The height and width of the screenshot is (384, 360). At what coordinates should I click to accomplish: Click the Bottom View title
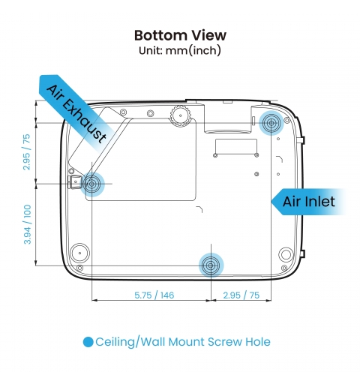coord(180,35)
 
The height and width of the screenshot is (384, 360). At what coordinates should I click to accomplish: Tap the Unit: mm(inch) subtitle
coord(180,50)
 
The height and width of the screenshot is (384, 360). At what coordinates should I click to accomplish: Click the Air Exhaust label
coord(76,114)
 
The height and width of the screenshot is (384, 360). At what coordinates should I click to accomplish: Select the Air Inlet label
coord(309,202)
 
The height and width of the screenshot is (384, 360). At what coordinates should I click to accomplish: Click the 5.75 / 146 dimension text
coord(154,295)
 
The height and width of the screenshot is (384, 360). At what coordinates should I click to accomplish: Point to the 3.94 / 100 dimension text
coord(27,224)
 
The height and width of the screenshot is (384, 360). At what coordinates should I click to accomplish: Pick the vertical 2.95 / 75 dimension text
coord(26,152)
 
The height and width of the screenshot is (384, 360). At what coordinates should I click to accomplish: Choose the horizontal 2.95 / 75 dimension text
coord(241,295)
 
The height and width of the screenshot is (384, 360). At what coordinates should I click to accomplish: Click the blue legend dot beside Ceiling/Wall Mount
coord(88,342)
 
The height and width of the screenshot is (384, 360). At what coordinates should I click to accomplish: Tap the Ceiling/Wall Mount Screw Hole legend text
coord(183,342)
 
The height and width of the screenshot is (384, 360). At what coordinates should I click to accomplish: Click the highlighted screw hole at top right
coord(271,123)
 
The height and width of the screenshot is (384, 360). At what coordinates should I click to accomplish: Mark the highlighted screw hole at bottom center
coord(211,265)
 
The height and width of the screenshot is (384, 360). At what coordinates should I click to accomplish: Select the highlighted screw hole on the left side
coord(91,184)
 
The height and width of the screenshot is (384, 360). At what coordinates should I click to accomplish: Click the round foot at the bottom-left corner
coord(79,253)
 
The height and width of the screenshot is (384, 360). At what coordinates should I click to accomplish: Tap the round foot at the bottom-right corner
coord(286,254)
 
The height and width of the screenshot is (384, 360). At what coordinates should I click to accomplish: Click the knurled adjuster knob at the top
coord(181,115)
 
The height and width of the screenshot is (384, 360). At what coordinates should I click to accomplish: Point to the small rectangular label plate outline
coord(236,146)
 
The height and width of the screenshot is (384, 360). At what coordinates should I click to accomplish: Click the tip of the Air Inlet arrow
coord(271,202)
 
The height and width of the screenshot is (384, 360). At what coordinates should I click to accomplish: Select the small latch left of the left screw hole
coord(74,181)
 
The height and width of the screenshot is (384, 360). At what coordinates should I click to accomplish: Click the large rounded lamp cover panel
coord(140,160)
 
